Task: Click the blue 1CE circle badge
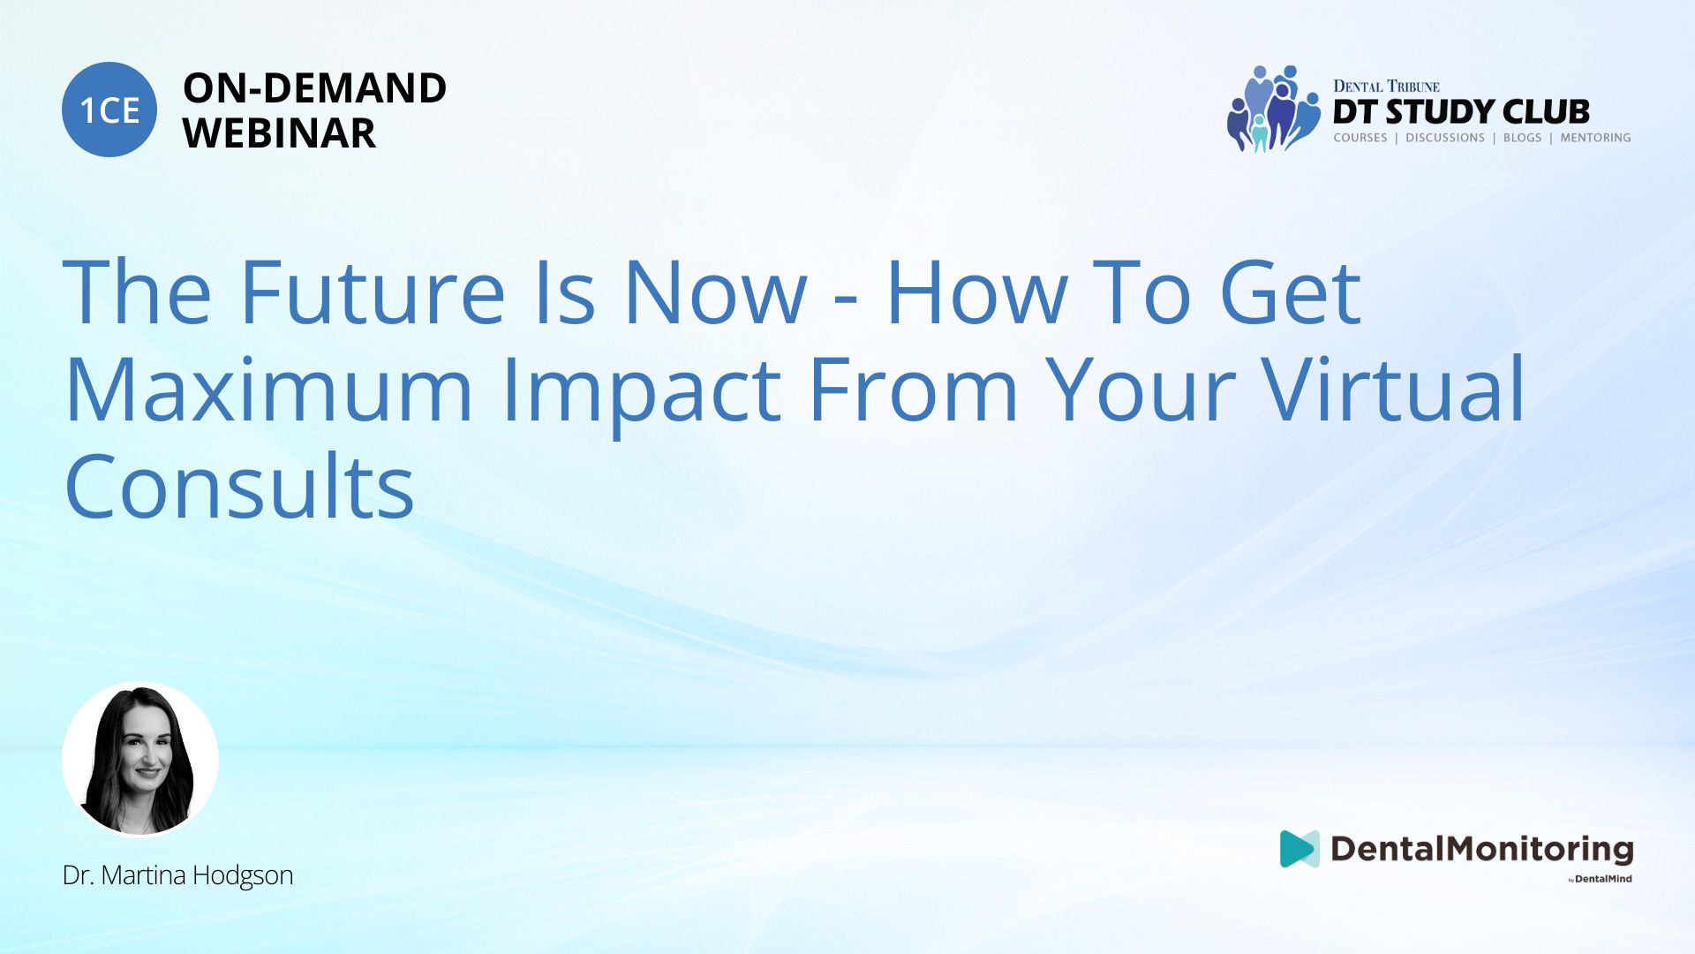[109, 110]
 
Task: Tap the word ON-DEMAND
[314, 88]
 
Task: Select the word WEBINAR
[279, 133]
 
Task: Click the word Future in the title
[372, 291]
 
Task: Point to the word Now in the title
[715, 291]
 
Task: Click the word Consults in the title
[240, 486]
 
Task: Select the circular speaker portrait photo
[140, 760]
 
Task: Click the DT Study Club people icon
[1274, 109]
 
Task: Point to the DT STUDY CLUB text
[1461, 111]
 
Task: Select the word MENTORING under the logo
[1595, 138]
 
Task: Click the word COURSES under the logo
[1360, 138]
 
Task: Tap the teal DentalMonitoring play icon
[1299, 849]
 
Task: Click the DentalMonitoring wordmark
[1482, 850]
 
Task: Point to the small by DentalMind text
[1601, 879]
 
